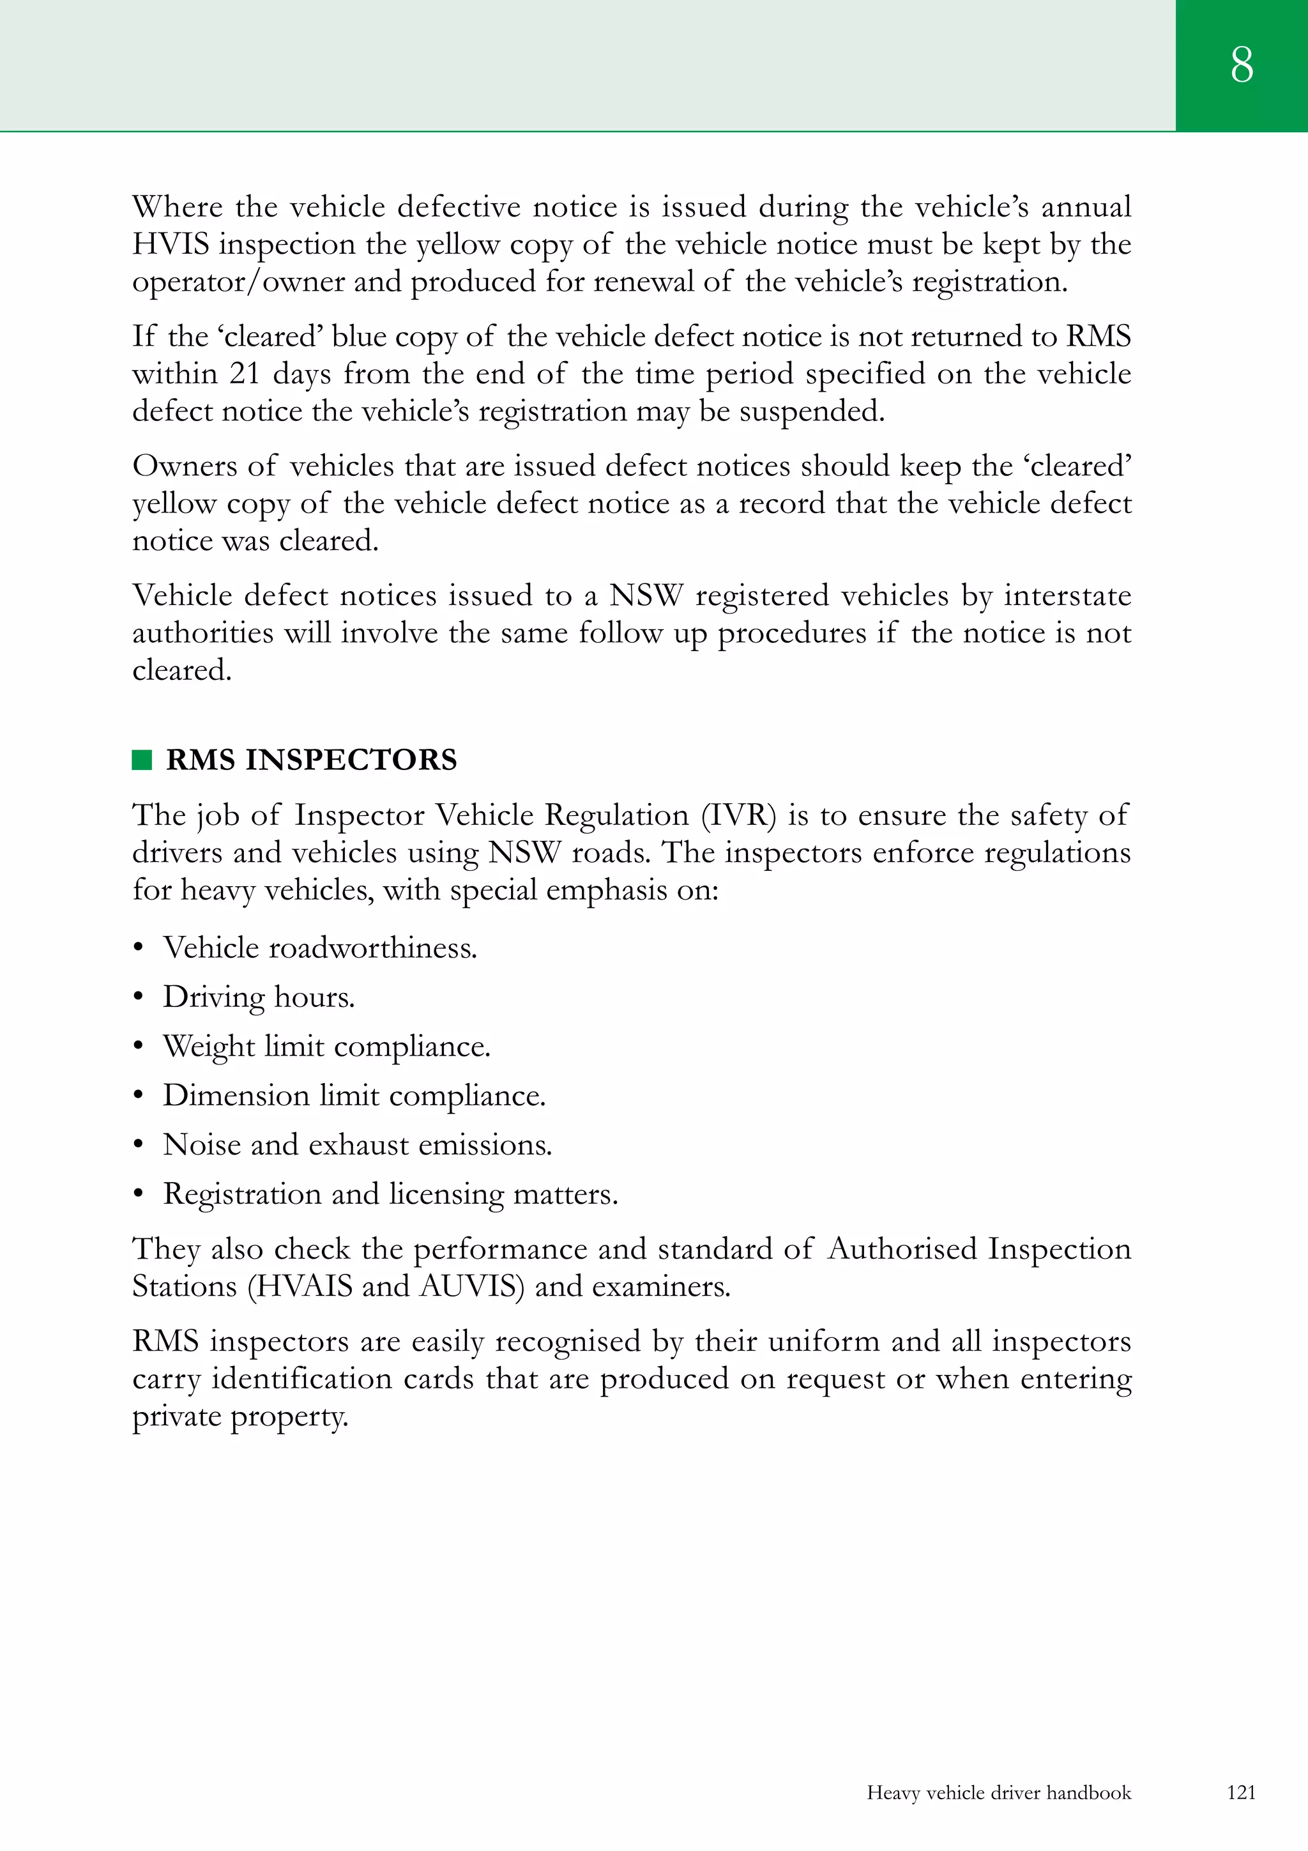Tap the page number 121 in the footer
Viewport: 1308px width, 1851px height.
1241,1792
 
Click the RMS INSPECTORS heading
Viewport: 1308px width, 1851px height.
311,760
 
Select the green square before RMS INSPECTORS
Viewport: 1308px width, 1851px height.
142,760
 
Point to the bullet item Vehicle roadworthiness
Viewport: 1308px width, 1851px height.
320,948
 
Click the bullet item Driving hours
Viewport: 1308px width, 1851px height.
259,997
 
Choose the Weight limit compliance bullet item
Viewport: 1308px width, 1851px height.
326,1047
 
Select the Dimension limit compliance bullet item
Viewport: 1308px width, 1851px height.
354,1096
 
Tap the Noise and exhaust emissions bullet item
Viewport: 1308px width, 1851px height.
357,1145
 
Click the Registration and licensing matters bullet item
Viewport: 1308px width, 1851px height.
390,1194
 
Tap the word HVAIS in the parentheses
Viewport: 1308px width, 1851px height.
300,1286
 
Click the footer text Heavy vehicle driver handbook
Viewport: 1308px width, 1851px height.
998,1793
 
